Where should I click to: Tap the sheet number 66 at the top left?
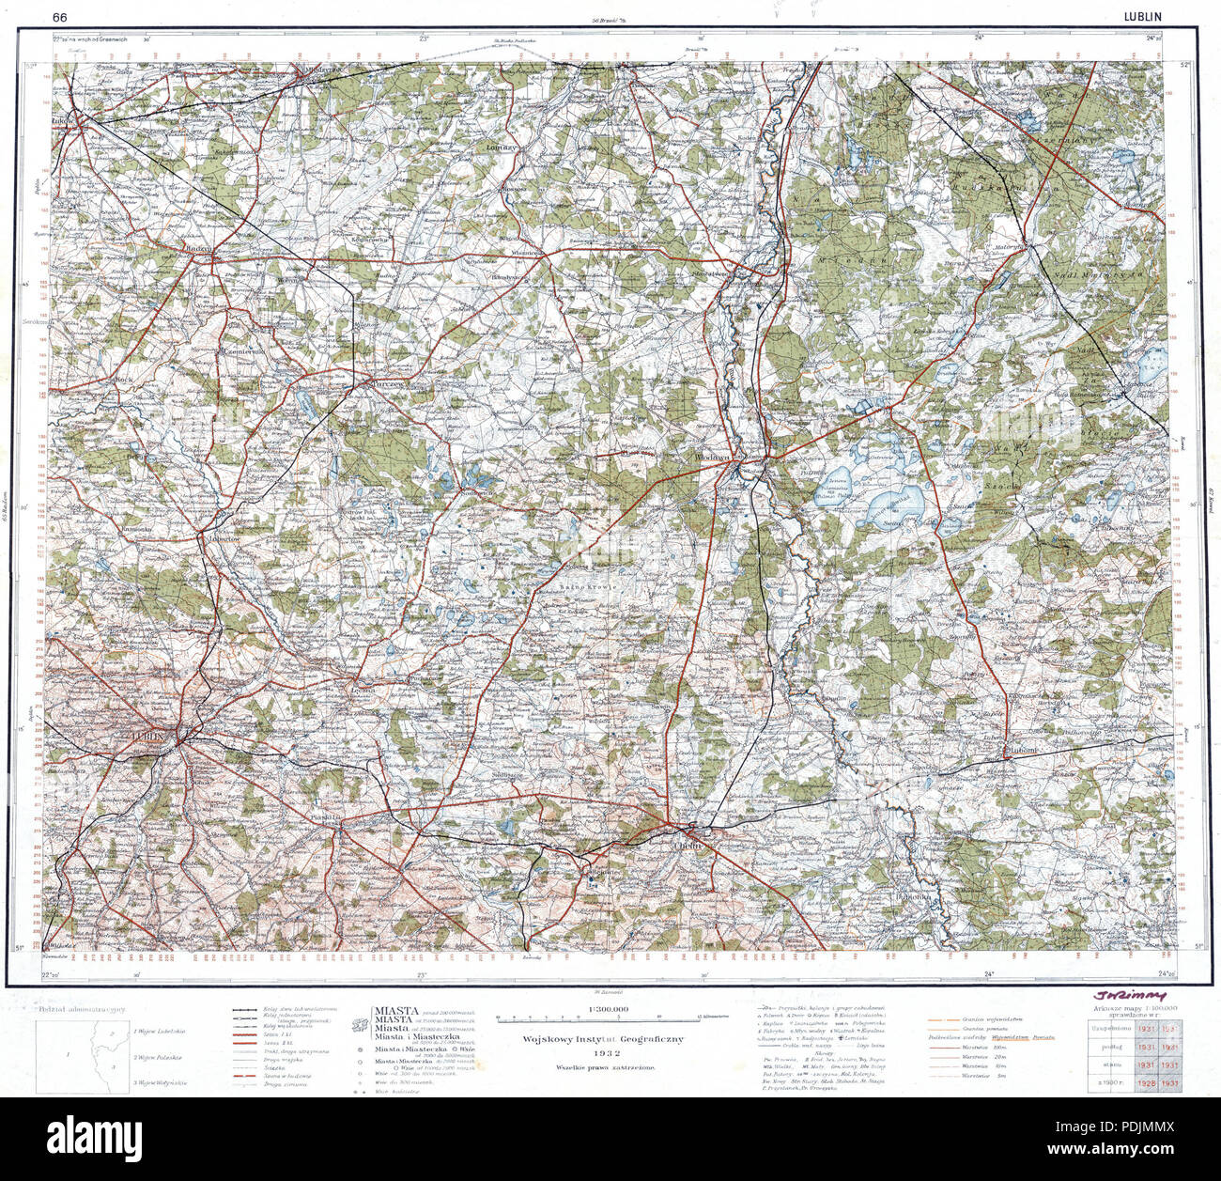click(x=60, y=16)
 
